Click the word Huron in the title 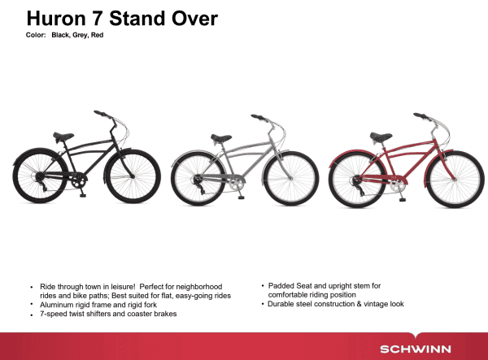[x=56, y=19]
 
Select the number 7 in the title [x=97, y=19]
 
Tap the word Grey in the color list [x=81, y=35]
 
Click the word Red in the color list [x=97, y=35]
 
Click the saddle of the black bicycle [x=63, y=137]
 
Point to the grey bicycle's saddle [x=221, y=138]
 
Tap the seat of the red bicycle [x=381, y=137]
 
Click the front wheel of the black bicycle [x=133, y=176]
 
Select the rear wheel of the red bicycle [x=357, y=181]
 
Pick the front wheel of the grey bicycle [x=291, y=179]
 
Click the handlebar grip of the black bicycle [x=100, y=113]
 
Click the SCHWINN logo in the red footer [x=416, y=349]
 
